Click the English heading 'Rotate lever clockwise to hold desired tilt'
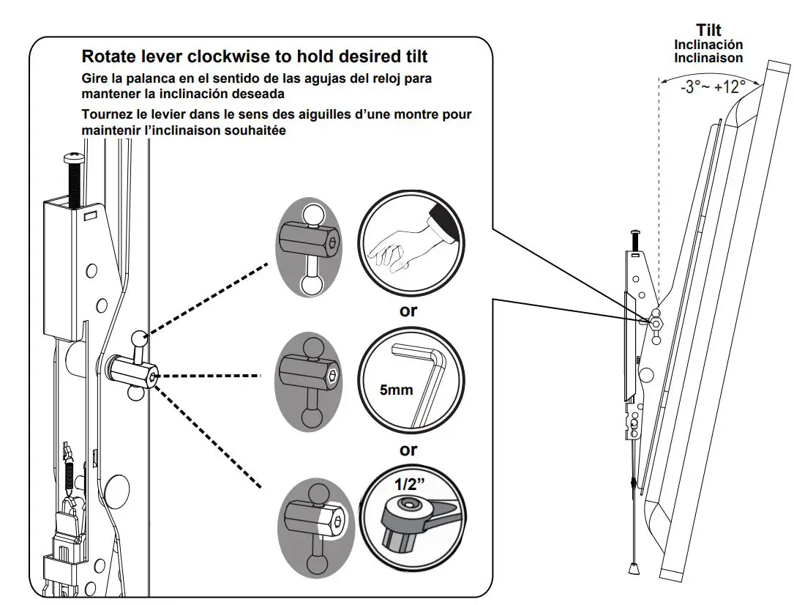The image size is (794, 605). [x=254, y=56]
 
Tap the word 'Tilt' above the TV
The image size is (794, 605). [x=708, y=30]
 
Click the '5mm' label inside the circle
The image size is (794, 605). [x=396, y=390]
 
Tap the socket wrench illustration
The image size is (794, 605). [x=413, y=516]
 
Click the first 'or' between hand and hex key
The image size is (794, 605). [x=408, y=310]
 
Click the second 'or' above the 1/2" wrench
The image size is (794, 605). [x=408, y=450]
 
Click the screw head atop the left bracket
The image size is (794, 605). [x=74, y=157]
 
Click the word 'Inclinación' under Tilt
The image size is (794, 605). [x=708, y=45]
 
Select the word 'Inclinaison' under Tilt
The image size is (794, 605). [x=708, y=58]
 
